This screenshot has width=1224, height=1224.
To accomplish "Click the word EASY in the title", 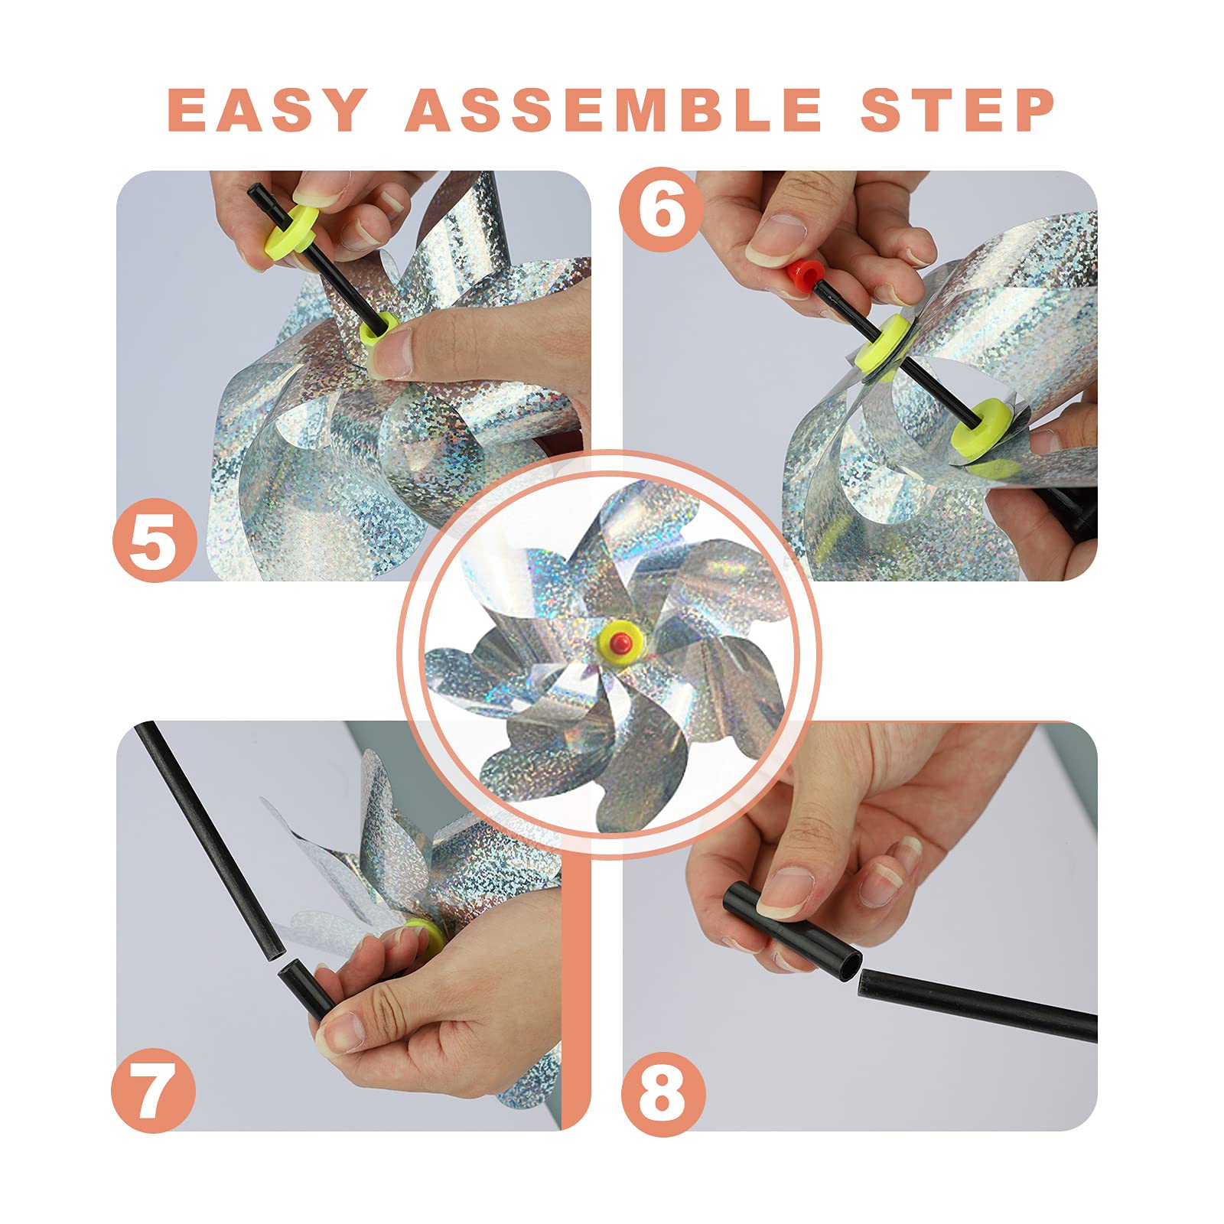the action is pyautogui.click(x=267, y=109).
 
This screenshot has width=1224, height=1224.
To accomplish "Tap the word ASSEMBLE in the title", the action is pyautogui.click(x=614, y=109).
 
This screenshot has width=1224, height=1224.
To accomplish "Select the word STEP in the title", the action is pyautogui.click(x=958, y=109).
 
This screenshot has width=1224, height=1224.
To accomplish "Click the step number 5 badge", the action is pyautogui.click(x=155, y=540).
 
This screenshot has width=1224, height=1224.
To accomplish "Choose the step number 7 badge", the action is pyautogui.click(x=154, y=1090).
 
